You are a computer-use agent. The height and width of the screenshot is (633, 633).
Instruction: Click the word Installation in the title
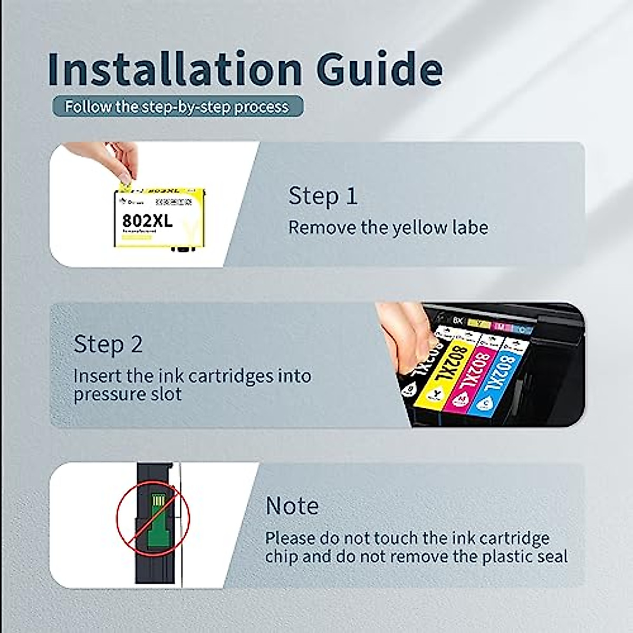click(174, 69)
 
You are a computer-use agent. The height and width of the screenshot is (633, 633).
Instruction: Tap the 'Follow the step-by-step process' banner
click(177, 107)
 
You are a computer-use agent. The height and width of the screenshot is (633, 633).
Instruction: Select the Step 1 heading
click(323, 196)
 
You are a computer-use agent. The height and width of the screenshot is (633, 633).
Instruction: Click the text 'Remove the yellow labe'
click(388, 228)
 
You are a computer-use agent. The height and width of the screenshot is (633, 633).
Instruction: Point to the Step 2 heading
click(108, 344)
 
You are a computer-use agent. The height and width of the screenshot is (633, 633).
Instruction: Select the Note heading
click(292, 506)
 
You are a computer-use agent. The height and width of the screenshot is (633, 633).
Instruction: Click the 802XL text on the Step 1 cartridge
click(147, 220)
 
